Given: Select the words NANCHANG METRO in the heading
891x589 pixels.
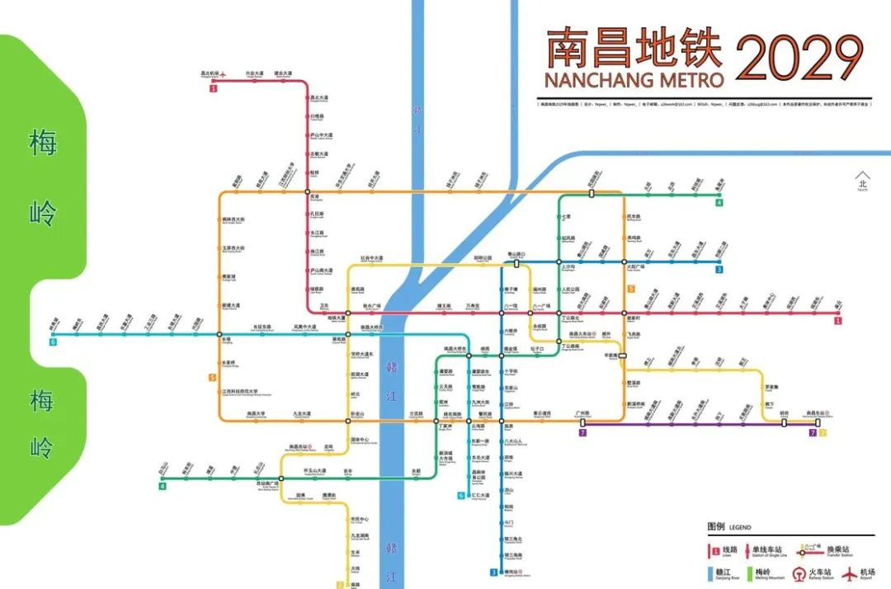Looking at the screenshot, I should click(634, 80).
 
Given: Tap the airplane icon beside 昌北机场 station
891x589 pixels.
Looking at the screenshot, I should click(221, 73).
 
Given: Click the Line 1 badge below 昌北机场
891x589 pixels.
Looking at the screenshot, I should click(213, 87).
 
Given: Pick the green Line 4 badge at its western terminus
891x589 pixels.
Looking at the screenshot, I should click(163, 486).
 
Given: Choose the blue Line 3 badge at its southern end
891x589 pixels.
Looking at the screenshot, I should click(494, 572).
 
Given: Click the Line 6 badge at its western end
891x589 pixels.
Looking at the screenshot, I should click(53, 342).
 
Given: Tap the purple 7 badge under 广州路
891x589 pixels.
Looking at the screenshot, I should click(582, 432).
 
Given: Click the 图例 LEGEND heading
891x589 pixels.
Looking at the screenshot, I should click(729, 527).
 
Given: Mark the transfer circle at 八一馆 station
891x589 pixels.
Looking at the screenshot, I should click(502, 313).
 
